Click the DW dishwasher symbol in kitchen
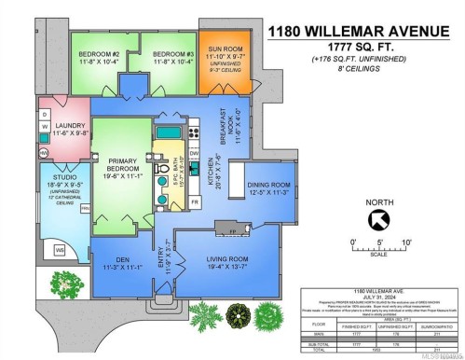pos(194,154)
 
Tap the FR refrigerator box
pos(194,201)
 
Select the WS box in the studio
pos(60,250)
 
